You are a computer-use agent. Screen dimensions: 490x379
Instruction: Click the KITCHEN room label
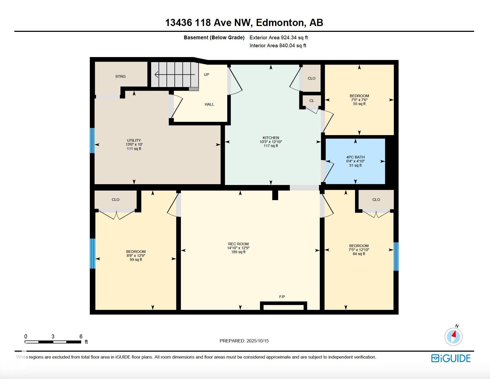pyautogui.click(x=271, y=138)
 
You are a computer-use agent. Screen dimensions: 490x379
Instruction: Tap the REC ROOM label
pyautogui.click(x=238, y=244)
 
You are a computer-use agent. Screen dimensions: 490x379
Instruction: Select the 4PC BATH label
pyautogui.click(x=355, y=157)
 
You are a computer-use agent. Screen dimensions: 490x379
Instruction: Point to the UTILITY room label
pyautogui.click(x=134, y=140)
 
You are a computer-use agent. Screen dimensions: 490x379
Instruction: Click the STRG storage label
pyautogui.click(x=120, y=76)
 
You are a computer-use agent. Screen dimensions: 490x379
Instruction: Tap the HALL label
pyautogui.click(x=209, y=104)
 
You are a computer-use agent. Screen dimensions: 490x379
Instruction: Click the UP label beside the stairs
pyautogui.click(x=206, y=75)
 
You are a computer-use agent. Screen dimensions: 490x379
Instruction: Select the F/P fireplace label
pyautogui.click(x=282, y=297)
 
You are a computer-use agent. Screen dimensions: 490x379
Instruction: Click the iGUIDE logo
pyautogui.click(x=451, y=358)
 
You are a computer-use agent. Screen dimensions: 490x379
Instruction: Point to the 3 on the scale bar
pyautogui.click(x=53, y=337)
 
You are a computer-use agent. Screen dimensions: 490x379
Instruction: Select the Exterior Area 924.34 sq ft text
pyautogui.click(x=279, y=38)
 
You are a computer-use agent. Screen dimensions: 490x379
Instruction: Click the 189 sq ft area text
pyautogui.click(x=238, y=252)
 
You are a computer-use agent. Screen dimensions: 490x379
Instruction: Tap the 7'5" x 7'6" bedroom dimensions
pyautogui.click(x=359, y=100)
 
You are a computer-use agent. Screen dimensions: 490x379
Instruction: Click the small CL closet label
pyautogui.click(x=312, y=101)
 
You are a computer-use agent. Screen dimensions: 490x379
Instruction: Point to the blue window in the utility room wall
pyautogui.click(x=92, y=141)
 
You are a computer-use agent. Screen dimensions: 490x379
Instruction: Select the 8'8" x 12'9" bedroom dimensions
pyautogui.click(x=136, y=256)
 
